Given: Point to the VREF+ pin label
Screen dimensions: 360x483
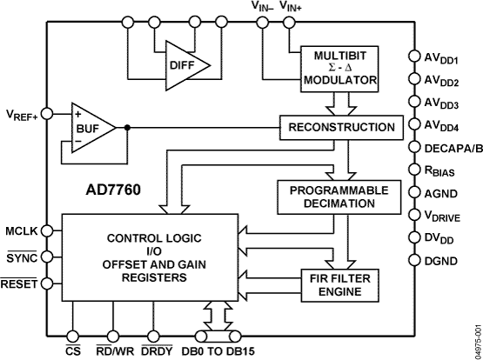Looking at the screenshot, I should [23, 114].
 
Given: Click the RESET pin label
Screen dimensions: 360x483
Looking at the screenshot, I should [19, 283].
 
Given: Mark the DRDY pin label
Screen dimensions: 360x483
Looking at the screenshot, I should [156, 350].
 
